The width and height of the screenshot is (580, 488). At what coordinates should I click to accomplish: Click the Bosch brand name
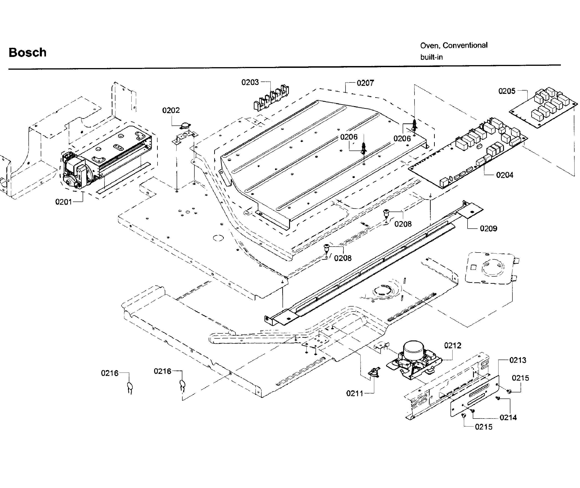[x=27, y=52]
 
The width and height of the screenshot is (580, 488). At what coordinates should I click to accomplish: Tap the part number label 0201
[x=63, y=202]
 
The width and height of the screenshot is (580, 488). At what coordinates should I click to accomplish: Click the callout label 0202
[x=171, y=110]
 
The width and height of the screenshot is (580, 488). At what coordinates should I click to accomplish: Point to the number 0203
[x=250, y=82]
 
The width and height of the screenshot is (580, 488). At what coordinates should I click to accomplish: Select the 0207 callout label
[x=365, y=83]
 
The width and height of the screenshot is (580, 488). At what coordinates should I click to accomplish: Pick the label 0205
[x=507, y=91]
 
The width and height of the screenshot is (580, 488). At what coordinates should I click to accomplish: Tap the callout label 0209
[x=488, y=228]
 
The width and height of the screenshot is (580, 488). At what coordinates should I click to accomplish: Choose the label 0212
[x=453, y=345]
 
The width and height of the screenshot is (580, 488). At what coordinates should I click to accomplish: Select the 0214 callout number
[x=508, y=417]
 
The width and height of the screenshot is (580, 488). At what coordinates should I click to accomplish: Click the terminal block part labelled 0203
[x=271, y=98]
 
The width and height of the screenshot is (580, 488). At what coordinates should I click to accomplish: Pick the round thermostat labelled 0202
[x=184, y=126]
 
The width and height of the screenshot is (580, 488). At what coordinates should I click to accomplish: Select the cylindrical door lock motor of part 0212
[x=414, y=349]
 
